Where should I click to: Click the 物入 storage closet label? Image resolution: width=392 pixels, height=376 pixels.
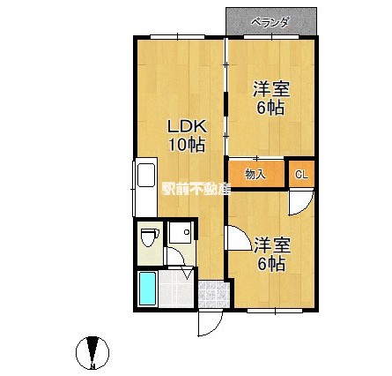[x=255, y=175]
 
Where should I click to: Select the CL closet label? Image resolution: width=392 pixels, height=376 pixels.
[x=301, y=175]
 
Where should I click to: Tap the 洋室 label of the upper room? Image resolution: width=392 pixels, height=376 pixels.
[x=270, y=90]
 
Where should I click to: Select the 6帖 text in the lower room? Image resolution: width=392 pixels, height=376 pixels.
[x=270, y=262]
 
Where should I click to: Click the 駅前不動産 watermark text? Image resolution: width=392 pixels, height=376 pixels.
[x=194, y=188]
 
